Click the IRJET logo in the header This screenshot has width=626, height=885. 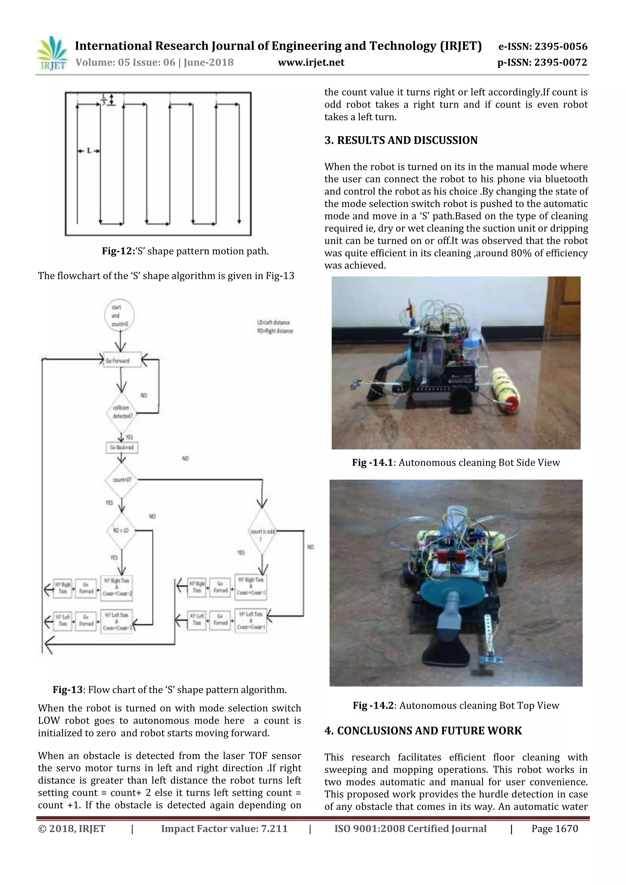52,53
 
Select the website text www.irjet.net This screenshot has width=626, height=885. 311,62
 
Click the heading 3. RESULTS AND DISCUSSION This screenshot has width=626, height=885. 401,140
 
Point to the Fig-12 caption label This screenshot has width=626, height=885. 117,251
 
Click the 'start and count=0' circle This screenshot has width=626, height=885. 119,316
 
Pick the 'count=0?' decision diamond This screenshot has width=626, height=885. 121,480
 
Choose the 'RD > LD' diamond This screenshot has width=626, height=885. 121,531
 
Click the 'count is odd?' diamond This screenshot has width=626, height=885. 262,532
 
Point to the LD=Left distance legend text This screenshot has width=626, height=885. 274,322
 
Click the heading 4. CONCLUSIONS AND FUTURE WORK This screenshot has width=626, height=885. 423,731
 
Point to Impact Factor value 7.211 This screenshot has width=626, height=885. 224,829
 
